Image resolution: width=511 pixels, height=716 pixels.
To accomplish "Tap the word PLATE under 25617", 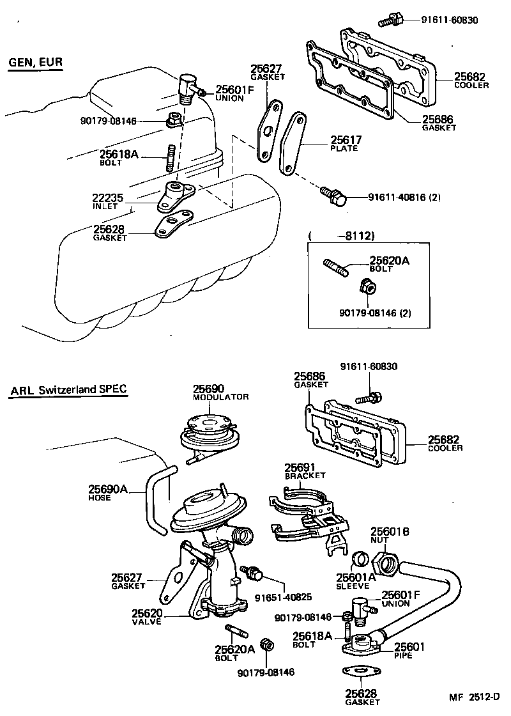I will coord(344,148).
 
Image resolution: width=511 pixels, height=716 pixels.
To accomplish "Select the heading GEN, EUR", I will coord(36,62).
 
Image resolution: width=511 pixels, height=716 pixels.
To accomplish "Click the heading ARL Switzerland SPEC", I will coord(68,389).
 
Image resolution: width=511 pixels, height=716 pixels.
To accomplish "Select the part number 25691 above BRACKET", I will coord(305,467).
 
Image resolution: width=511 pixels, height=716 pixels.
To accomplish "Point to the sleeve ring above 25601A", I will coord(362,559).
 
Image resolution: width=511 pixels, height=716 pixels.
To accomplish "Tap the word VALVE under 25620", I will coord(147,621).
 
